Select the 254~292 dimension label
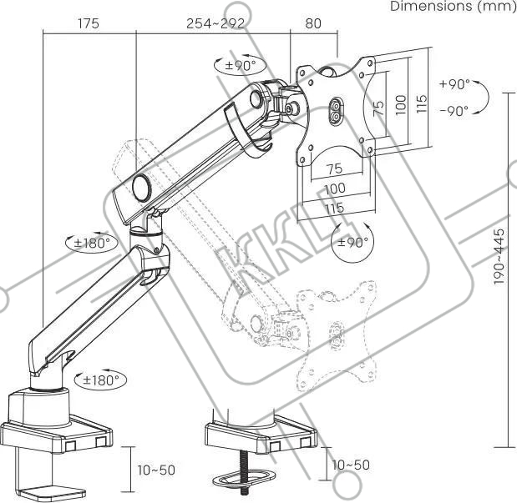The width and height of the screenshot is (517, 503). pyautogui.click(x=215, y=23)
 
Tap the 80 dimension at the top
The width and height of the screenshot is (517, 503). pyautogui.click(x=313, y=23)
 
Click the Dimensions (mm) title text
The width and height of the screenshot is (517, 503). pyautogui.click(x=454, y=6)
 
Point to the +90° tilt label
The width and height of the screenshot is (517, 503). pyautogui.click(x=454, y=84)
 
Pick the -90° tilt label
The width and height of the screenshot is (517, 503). pyautogui.click(x=454, y=110)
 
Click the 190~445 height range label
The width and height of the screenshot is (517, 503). pyautogui.click(x=499, y=246)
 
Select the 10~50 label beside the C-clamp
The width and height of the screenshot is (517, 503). pyautogui.click(x=156, y=470)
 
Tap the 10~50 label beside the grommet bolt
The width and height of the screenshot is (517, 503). pyautogui.click(x=350, y=464)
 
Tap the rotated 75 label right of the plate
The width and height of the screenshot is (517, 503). pyautogui.click(x=379, y=106)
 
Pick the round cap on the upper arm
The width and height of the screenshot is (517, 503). pyautogui.click(x=141, y=185)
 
